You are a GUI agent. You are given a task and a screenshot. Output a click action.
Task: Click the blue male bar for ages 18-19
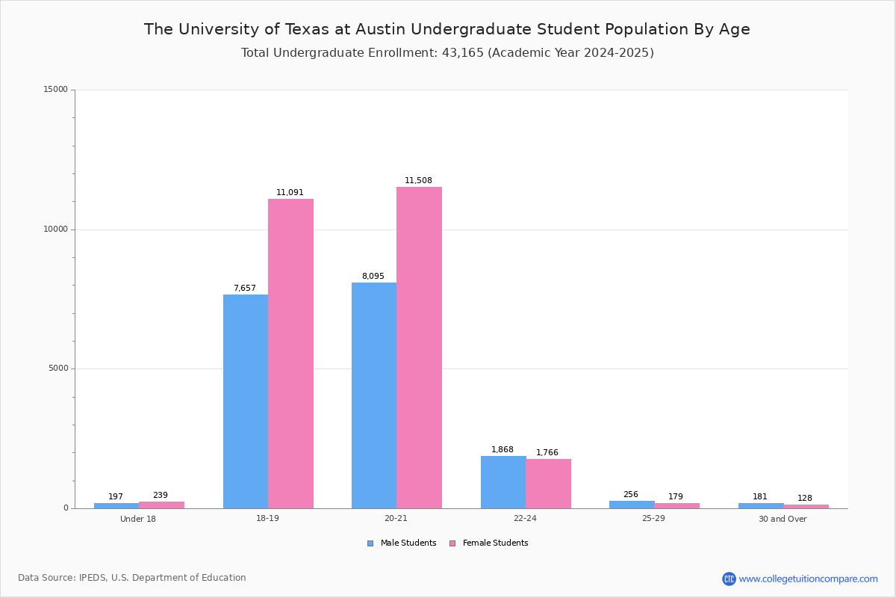click(246, 401)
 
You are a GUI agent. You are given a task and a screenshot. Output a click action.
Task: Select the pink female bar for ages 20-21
click(419, 348)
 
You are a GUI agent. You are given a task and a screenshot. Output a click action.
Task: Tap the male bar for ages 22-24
click(503, 482)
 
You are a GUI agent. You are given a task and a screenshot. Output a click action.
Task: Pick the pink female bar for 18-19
click(290, 354)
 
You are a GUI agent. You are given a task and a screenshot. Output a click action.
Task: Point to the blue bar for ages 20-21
click(374, 395)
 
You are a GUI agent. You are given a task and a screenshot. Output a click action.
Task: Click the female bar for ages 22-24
click(548, 484)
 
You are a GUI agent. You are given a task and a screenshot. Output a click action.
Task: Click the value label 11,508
click(418, 181)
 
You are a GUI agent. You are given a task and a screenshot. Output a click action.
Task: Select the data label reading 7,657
click(245, 289)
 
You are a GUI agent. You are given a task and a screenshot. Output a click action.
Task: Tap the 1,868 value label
click(503, 450)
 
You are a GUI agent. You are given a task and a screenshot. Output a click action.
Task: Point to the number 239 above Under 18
click(161, 496)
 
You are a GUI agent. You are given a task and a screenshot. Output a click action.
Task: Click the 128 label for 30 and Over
click(805, 499)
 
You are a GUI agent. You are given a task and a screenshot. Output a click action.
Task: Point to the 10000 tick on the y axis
click(56, 229)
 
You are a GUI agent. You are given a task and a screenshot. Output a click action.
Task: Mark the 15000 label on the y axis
click(56, 90)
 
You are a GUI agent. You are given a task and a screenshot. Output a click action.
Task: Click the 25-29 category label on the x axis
click(653, 519)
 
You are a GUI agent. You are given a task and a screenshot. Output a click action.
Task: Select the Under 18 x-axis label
click(138, 519)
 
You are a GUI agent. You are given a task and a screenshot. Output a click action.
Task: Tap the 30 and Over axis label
click(783, 519)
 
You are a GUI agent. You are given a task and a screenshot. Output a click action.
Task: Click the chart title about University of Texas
click(447, 30)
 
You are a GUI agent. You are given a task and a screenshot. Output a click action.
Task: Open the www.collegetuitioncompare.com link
click(808, 579)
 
